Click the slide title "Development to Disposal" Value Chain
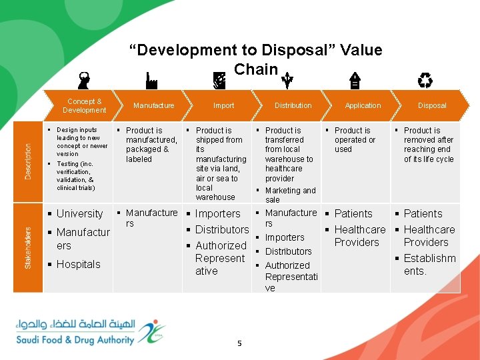255,59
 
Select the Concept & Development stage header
84,105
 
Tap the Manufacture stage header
153,105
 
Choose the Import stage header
223,105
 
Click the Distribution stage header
293,105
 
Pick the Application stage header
363,105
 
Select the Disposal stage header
432,105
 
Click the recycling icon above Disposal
425,81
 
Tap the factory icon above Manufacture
151,81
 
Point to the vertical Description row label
28,161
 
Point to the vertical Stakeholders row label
28,247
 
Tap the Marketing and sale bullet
290,195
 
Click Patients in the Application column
353,214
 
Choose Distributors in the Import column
221,230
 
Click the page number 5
239,343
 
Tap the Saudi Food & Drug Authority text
75,340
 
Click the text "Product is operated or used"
355,140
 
